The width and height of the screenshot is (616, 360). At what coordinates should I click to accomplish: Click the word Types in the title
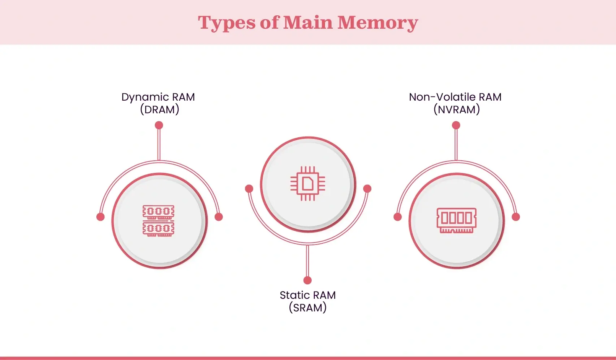[x=226, y=23]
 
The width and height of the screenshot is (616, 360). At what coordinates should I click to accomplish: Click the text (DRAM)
[x=159, y=110]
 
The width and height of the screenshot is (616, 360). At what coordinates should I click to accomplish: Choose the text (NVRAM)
[x=457, y=110]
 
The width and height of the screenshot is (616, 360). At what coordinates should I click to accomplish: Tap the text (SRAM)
[x=307, y=308]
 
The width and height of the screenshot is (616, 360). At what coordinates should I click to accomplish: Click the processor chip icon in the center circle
[x=308, y=184]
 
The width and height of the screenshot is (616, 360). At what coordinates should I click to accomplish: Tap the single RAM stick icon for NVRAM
[x=457, y=220]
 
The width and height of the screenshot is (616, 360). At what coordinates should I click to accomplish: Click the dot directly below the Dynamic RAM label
[x=159, y=125]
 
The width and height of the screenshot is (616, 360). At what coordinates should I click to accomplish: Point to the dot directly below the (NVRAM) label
[x=456, y=125]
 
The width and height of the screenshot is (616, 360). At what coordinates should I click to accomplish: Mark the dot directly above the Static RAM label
[x=307, y=280]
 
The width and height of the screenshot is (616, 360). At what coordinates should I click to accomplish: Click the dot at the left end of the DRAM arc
[x=101, y=217]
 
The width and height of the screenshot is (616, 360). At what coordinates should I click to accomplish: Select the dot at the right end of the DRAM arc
[x=219, y=217]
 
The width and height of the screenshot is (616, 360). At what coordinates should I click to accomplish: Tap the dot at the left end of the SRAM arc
[x=249, y=189]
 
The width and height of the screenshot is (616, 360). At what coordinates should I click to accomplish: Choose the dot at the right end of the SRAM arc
[x=367, y=189]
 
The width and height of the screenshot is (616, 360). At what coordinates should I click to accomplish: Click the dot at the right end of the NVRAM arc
[x=516, y=217]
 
